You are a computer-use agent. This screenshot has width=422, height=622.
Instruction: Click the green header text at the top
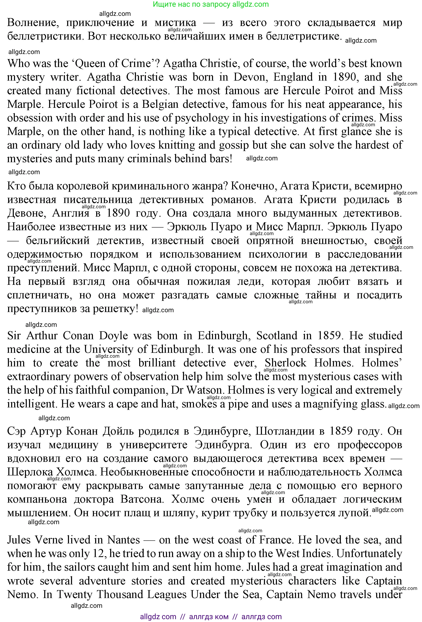tap(211, 4)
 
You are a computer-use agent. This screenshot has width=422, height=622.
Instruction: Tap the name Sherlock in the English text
tap(285, 363)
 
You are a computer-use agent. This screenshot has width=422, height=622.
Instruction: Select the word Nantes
tap(123, 540)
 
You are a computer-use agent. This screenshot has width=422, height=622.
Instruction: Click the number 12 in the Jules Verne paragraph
tap(98, 553)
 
